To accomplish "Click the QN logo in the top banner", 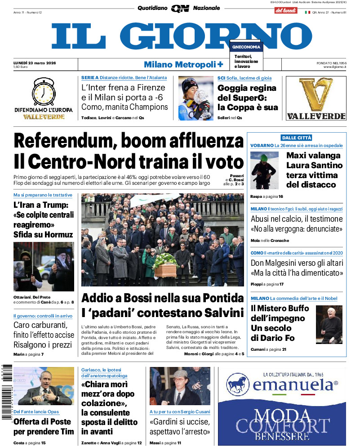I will point(180,8).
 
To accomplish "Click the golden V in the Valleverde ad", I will point(316,94).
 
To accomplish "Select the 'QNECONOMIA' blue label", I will point(246,47).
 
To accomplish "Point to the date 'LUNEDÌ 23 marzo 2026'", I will point(35,63).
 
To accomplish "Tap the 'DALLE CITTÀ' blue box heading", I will point(296,138).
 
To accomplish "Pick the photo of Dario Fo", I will point(329,324).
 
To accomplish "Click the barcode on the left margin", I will point(6,391).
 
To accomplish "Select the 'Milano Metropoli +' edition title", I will point(183,65).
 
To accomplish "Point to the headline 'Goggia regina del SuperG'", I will point(248,98).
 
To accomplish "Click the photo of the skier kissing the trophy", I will point(196,98).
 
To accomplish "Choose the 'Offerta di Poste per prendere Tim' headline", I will point(44,426).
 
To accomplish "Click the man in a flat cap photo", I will point(179,386).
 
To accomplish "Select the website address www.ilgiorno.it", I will point(335,67).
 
